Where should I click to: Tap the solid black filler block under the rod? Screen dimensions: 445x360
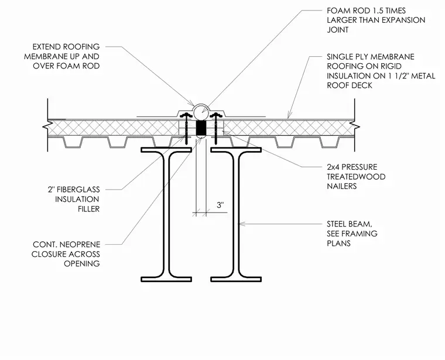(x=201, y=128)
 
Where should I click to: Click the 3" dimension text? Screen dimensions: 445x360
(x=220, y=205)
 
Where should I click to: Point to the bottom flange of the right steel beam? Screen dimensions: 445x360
(x=236, y=279)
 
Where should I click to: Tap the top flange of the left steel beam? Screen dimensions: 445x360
(x=166, y=150)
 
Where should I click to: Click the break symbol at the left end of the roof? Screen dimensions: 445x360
(x=46, y=126)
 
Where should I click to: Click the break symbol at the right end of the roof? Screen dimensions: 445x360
(x=355, y=126)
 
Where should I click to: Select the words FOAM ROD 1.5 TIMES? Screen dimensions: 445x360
(x=366, y=11)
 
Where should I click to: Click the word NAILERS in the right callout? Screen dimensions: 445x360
(x=342, y=186)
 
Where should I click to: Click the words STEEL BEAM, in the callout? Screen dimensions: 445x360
(x=350, y=224)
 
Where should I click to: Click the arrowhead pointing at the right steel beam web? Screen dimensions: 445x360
(x=241, y=224)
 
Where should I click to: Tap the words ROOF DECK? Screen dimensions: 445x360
(x=350, y=85)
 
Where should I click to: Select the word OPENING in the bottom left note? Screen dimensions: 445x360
(x=82, y=263)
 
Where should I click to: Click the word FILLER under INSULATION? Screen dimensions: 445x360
(x=89, y=209)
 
